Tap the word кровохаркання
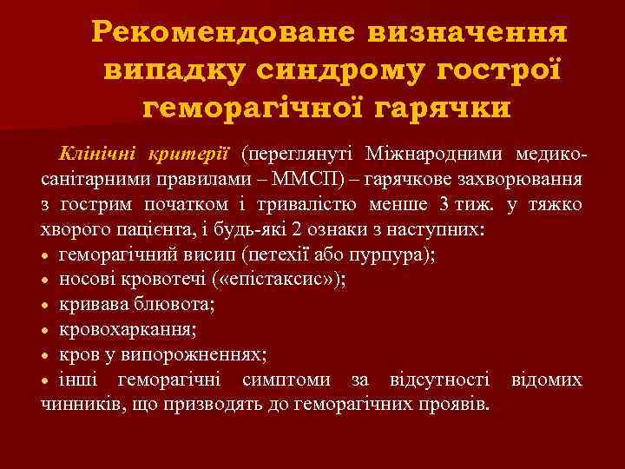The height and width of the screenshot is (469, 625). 128,331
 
